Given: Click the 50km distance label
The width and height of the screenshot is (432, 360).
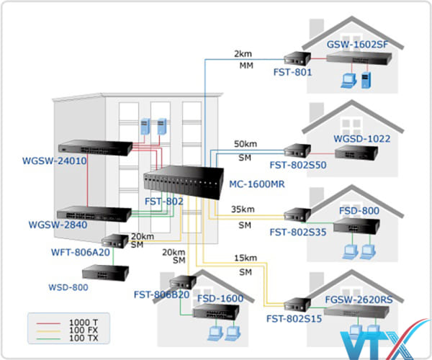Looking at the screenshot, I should tap(243, 144).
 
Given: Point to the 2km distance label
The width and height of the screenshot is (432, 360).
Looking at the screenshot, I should tap(243, 55).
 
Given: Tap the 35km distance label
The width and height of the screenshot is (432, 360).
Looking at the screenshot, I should tap(242, 210).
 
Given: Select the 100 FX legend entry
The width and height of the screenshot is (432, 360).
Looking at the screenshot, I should tap(84, 330).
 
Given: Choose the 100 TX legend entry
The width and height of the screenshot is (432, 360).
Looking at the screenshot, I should tap(84, 338).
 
